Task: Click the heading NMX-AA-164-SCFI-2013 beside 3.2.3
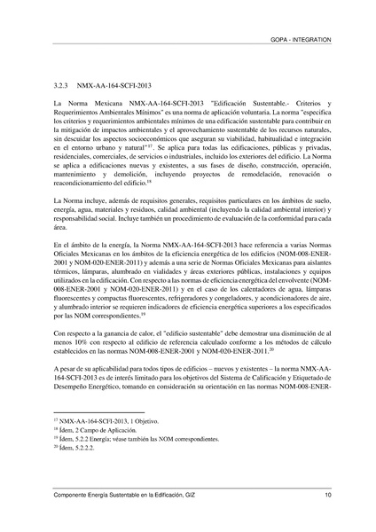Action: click(x=114, y=90)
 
